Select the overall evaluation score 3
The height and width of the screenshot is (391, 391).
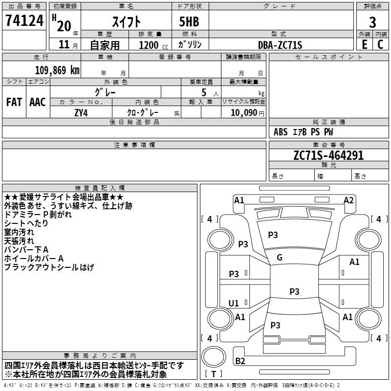[372, 22]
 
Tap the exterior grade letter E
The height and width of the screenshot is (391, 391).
[364, 44]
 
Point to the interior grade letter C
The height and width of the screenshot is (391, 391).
[380, 44]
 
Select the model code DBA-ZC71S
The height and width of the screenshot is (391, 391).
[280, 45]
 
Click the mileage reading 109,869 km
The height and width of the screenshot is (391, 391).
[57, 70]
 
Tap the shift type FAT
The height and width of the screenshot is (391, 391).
[14, 102]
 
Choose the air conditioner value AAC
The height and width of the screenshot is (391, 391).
[37, 102]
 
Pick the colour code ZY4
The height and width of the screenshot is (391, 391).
[81, 112]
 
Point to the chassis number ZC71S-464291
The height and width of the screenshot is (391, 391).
[328, 155]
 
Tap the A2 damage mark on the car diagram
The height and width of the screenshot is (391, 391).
[348, 200]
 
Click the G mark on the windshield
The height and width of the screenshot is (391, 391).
[280, 258]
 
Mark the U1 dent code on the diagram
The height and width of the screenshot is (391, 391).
[234, 304]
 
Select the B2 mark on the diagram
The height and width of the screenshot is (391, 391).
[240, 361]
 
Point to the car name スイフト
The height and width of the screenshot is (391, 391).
[126, 22]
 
